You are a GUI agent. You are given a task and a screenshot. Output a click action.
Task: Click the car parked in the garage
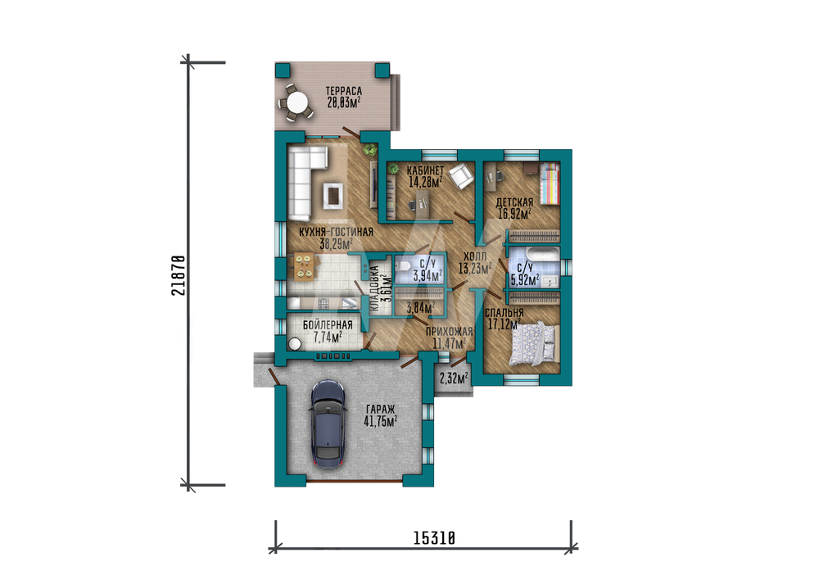(328, 424)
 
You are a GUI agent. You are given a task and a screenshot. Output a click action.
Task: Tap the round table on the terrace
(297, 102)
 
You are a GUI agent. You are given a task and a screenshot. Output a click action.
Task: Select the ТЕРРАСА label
(344, 91)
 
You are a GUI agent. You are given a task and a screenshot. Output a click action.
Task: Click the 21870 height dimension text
(178, 275)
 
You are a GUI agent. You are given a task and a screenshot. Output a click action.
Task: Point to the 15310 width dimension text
(435, 537)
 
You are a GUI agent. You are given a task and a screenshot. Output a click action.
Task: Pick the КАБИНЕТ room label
(426, 170)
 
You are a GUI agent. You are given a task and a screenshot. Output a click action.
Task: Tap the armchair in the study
(459, 175)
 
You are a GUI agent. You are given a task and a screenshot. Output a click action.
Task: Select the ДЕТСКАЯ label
(514, 202)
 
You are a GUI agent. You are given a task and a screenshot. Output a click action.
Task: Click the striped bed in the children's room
(550, 184)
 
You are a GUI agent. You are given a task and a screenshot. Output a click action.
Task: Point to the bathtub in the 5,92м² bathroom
(542, 255)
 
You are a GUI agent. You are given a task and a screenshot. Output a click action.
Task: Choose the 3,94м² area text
(428, 275)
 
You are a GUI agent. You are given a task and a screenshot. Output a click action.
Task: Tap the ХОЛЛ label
(475, 256)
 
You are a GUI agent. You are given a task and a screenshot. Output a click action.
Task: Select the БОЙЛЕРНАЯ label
(328, 325)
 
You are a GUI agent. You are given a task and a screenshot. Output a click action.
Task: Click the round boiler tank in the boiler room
(295, 344)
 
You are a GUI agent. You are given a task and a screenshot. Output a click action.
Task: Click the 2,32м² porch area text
(454, 378)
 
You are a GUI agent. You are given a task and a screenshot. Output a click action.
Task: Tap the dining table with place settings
(303, 266)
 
